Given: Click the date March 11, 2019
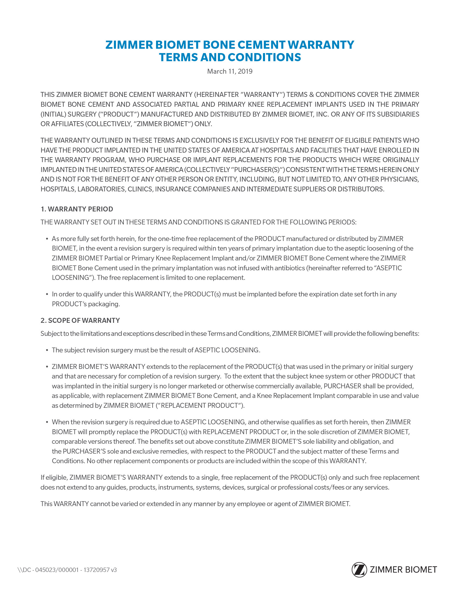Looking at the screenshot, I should [x=230, y=71].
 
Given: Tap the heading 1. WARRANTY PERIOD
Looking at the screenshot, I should [x=77, y=209].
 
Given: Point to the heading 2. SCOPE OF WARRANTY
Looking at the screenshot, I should [x=80, y=320].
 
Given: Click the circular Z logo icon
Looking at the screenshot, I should [x=359, y=570].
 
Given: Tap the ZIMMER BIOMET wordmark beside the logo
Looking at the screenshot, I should [x=403, y=570].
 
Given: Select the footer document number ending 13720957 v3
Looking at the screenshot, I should [x=67, y=570].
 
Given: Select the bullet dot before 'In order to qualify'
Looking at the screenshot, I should [x=46, y=294].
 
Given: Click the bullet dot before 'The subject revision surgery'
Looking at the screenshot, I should [x=46, y=350].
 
